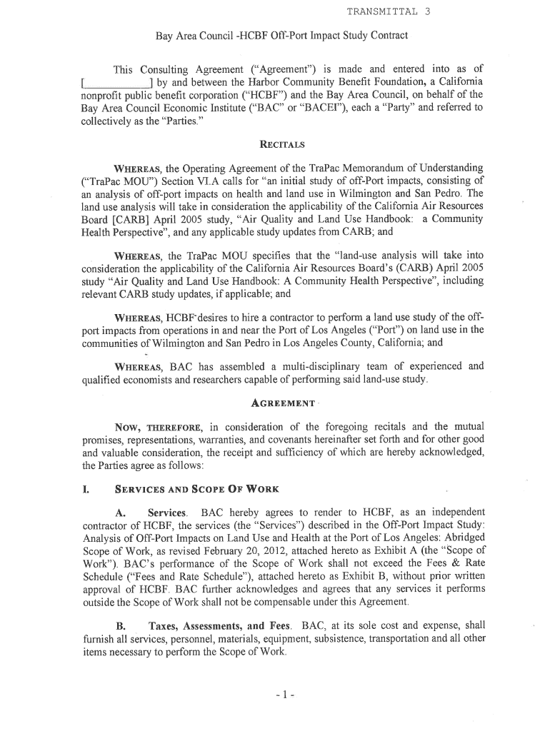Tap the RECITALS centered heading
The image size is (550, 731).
coord(281,145)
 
